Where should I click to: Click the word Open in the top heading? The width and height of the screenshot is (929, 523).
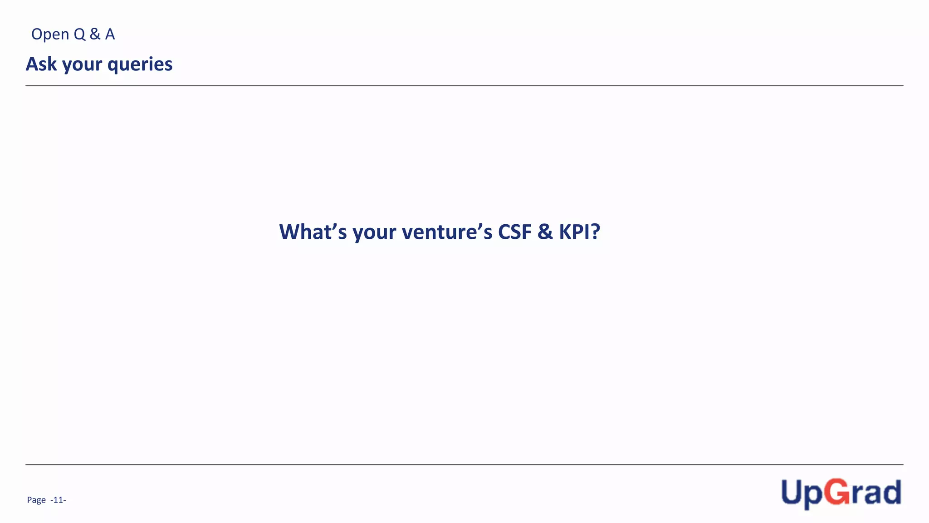pos(50,35)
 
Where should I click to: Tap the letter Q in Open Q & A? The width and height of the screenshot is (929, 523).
pos(79,35)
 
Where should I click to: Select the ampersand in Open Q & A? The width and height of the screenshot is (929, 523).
pos(95,34)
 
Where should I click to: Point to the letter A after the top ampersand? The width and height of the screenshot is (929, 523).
pos(110,34)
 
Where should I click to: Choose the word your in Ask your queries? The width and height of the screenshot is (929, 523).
pos(82,65)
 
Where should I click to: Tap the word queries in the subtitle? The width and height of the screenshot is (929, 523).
pos(140,65)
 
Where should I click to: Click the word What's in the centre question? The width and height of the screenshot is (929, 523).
pos(313,232)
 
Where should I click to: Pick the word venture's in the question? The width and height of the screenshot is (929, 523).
pos(447,232)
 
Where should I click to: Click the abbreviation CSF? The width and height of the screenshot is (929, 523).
pos(514,232)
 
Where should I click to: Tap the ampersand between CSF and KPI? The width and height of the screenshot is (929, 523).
pos(545,232)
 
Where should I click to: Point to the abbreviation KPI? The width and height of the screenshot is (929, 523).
pos(574,232)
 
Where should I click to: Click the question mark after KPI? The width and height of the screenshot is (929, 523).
pos(595,232)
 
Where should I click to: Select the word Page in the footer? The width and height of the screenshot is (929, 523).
pos(36,500)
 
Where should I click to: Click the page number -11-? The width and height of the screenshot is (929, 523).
pos(58,500)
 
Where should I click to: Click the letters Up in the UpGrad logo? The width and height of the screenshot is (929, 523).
pos(802,493)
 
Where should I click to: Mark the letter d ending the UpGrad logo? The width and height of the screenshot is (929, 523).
pos(892,492)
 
